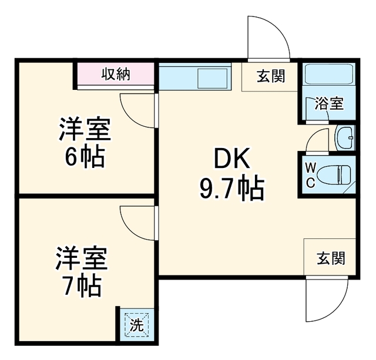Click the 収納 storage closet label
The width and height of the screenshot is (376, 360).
coord(116,74)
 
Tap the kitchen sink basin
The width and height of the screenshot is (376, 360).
coord(213,78)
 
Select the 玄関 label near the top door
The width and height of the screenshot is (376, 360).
coord(271,76)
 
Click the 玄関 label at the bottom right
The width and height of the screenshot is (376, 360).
coord(331,258)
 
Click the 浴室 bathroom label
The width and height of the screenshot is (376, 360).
coord(329,103)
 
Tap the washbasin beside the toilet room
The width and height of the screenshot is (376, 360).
coord(345,138)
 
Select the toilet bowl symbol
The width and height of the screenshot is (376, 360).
coord(334,175)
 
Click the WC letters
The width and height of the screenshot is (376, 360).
coord(311,175)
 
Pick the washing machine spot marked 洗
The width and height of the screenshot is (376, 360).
coord(137,325)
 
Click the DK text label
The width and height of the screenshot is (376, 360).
coord(232,158)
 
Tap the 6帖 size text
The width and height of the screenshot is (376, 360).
coord(85,157)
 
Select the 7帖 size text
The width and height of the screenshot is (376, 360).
coord(82,285)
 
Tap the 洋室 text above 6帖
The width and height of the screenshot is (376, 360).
coord(85,129)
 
